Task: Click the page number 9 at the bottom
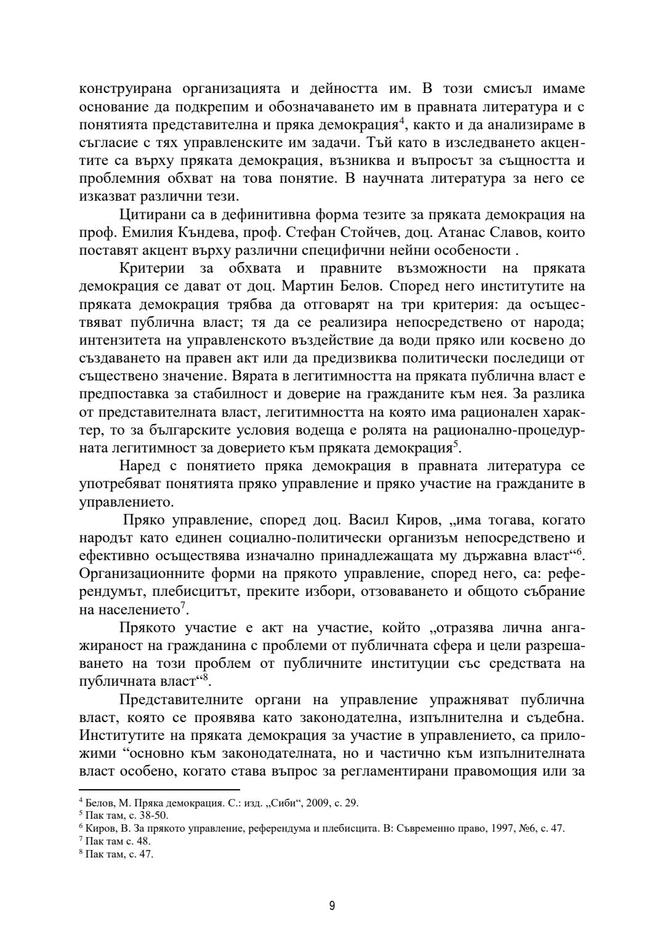332,906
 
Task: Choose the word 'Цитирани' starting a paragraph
151,215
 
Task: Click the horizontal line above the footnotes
159,789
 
